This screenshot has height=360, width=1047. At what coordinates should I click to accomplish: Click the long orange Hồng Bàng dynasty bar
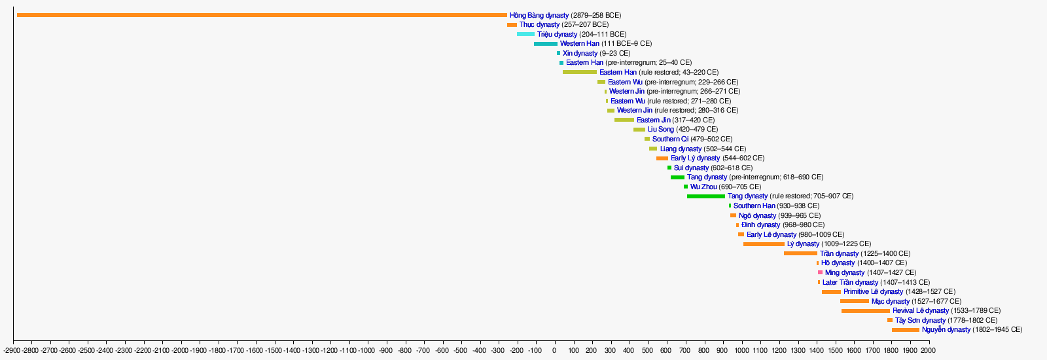[x=262, y=16]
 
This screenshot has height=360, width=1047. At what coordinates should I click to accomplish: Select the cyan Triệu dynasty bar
[x=526, y=34]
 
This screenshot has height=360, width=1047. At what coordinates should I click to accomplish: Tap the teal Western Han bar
[x=546, y=44]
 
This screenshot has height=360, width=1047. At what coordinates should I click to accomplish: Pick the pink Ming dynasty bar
[x=820, y=272]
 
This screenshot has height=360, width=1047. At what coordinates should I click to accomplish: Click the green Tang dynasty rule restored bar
[x=706, y=196]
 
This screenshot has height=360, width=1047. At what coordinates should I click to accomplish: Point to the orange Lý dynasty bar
[x=764, y=244]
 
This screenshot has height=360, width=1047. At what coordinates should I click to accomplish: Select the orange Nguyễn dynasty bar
[x=906, y=330]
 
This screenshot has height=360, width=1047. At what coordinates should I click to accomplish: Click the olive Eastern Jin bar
[x=624, y=120]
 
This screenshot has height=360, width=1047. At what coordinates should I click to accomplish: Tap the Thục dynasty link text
[x=539, y=25]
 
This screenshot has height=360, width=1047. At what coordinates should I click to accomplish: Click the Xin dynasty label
[x=580, y=53]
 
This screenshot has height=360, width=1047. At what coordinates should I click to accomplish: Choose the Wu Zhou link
[x=703, y=187]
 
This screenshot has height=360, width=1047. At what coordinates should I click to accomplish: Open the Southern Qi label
[x=670, y=139]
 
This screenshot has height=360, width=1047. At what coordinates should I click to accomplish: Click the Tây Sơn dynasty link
[x=920, y=321]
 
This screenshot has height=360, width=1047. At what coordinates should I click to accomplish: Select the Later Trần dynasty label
[x=850, y=282]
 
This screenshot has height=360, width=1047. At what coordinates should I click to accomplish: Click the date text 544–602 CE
[x=743, y=158]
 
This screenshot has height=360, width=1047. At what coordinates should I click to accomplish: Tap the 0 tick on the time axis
[x=554, y=350]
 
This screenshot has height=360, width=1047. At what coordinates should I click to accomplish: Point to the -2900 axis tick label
[x=13, y=350]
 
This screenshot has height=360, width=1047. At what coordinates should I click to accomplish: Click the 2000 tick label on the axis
[x=929, y=350]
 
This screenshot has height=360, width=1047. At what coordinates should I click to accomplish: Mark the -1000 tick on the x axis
[x=367, y=350]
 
